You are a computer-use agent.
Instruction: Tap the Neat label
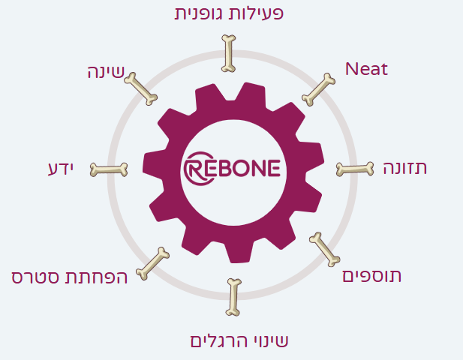[366, 70]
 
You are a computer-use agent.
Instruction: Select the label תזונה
[405, 168]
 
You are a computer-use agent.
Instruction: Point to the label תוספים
[371, 276]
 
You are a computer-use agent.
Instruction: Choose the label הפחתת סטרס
[70, 277]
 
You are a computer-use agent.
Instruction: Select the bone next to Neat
[319, 88]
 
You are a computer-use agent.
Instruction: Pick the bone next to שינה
[140, 88]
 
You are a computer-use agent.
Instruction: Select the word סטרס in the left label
[37, 277]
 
